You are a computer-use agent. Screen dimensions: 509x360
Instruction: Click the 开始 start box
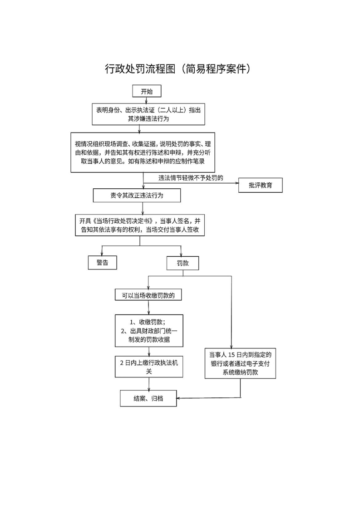[147, 91]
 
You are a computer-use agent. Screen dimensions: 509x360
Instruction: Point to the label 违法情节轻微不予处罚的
[190, 177]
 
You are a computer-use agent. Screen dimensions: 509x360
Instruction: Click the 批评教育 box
[260, 185]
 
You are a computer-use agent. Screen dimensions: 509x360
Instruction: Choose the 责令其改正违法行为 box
[137, 196]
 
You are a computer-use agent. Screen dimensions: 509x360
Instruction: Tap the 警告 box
[103, 263]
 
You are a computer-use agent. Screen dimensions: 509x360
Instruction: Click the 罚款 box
[182, 263]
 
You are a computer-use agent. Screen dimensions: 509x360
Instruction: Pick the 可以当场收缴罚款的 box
[148, 295]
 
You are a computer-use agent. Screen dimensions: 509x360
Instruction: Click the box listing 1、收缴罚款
[148, 331]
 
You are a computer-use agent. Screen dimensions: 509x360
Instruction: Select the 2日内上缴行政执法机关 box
[148, 367]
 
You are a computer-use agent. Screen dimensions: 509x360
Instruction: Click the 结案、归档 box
[148, 398]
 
